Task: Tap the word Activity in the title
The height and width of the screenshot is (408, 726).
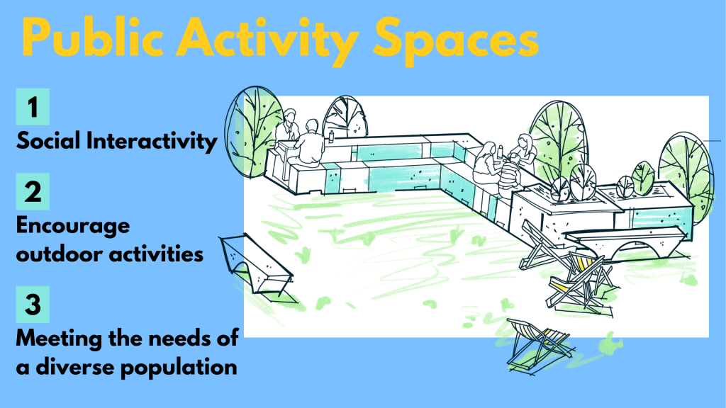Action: (x=267, y=40)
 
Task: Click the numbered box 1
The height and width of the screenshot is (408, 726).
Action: (x=33, y=107)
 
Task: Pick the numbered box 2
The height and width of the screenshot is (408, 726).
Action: (x=33, y=191)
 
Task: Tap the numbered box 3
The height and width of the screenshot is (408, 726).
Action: (x=33, y=305)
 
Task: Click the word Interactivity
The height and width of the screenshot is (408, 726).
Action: (x=152, y=141)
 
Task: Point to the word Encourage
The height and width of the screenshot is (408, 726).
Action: (x=73, y=227)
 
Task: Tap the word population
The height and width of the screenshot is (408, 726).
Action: (x=179, y=368)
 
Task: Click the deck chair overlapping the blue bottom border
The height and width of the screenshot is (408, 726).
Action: (x=540, y=345)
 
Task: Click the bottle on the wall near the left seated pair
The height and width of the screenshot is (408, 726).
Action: (x=332, y=136)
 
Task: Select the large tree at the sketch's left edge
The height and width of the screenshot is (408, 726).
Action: (x=254, y=132)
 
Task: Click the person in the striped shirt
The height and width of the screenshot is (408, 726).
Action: (x=509, y=176)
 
